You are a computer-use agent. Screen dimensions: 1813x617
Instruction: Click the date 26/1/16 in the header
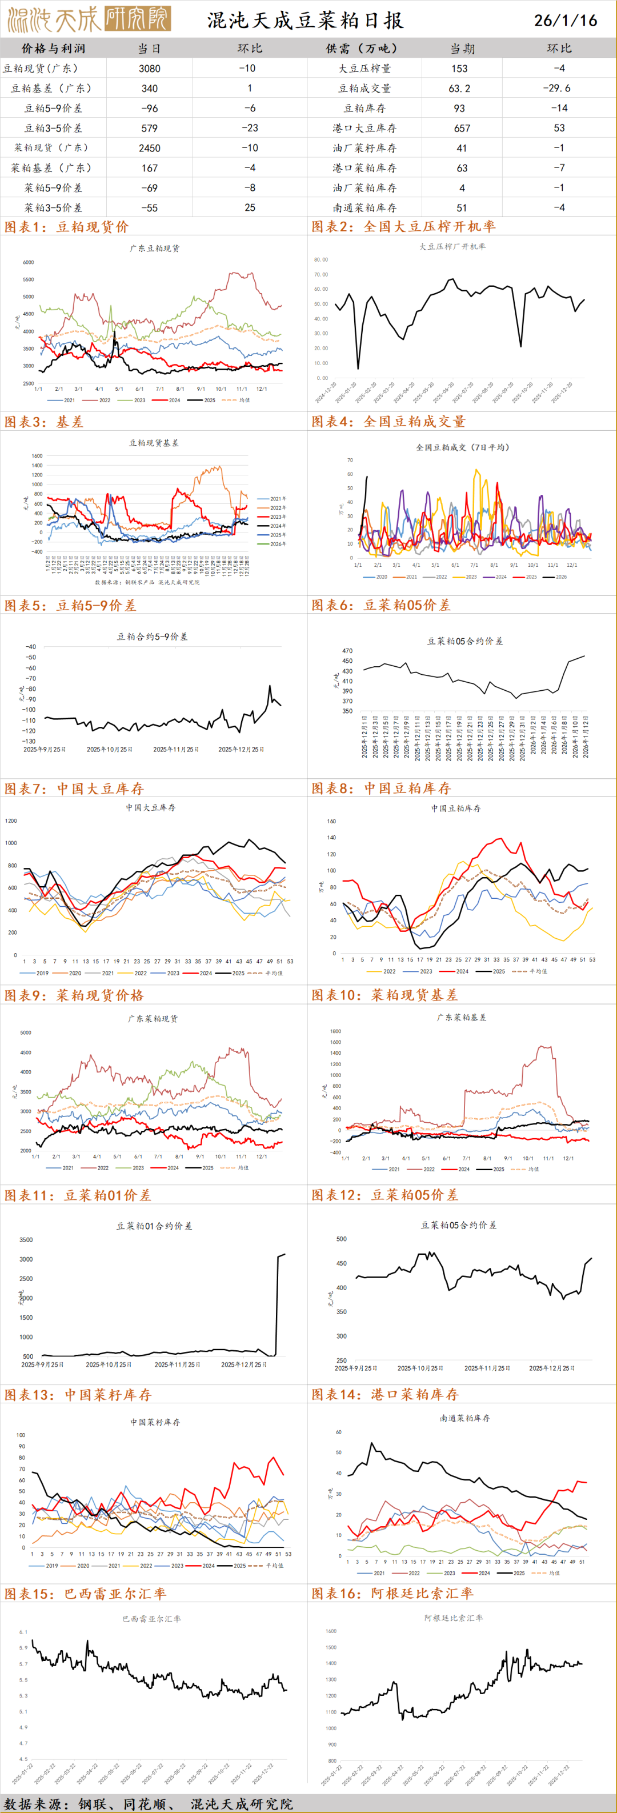point(565,21)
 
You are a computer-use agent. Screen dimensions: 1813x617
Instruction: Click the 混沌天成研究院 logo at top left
point(89,19)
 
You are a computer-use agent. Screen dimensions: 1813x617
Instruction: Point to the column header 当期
point(462,49)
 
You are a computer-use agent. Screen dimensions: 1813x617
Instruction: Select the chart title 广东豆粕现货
point(155,249)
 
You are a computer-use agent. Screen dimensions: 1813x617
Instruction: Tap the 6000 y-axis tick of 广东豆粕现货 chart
point(28,262)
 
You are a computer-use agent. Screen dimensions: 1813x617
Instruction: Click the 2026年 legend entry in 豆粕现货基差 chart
point(277,544)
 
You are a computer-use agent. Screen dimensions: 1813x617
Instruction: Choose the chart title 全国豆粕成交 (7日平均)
point(462,447)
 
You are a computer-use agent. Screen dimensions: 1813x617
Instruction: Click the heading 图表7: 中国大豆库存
point(74,789)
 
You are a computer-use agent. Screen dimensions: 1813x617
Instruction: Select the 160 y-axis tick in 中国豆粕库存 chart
point(331,821)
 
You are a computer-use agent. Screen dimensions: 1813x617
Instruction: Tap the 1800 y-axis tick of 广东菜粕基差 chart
point(335,1031)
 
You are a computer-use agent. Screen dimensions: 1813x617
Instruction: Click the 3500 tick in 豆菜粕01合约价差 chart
point(26,1239)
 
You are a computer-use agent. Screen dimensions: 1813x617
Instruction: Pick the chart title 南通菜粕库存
point(464,1418)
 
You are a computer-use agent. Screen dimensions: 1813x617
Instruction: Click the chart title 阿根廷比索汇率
point(453,1618)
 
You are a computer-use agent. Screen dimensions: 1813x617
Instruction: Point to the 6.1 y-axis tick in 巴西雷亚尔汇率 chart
point(23,1631)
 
